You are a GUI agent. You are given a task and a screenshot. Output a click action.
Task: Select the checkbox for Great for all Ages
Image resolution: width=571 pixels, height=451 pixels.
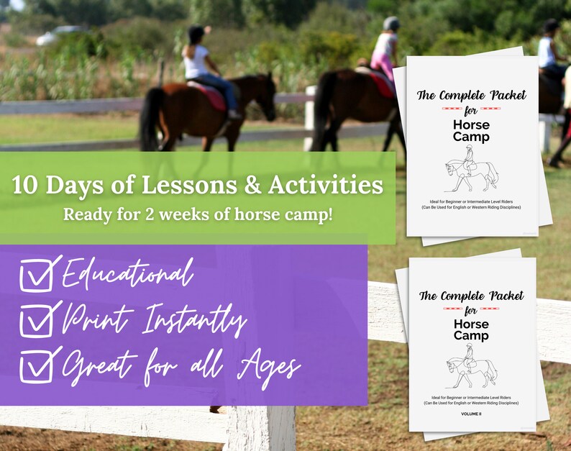(x=35, y=367)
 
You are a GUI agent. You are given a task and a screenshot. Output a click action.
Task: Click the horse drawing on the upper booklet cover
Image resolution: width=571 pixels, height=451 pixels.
(x=471, y=168)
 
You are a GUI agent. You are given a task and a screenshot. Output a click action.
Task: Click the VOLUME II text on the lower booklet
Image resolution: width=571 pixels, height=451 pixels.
(x=471, y=414)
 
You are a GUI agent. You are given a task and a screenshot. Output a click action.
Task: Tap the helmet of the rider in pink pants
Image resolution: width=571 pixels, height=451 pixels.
(x=391, y=24)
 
